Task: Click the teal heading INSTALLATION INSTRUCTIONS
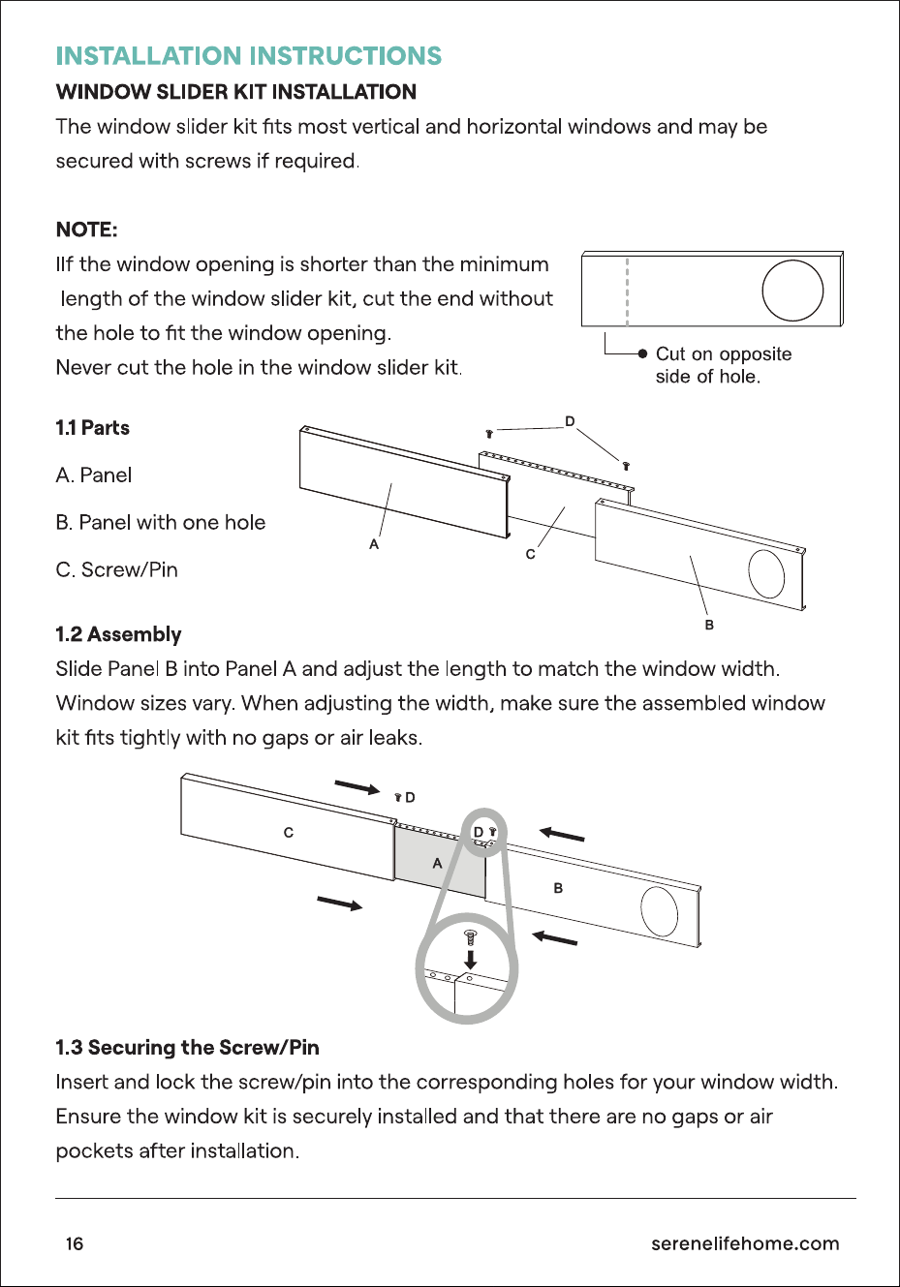point(248,56)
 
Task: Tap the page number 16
point(75,1244)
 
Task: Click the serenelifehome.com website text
point(745,1243)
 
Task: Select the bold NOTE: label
point(87,230)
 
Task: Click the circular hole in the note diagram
point(792,291)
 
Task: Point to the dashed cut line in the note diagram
point(627,291)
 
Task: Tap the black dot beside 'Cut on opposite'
point(642,353)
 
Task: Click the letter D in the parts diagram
point(570,421)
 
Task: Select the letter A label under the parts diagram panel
point(374,544)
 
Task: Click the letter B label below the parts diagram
point(709,625)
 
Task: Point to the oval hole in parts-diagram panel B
point(766,574)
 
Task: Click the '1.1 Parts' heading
point(93,428)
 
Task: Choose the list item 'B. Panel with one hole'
point(161,522)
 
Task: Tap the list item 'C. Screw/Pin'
point(116,570)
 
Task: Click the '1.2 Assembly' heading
point(118,634)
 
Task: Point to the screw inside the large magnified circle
point(470,937)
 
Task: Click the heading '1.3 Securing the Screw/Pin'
point(187,1048)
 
